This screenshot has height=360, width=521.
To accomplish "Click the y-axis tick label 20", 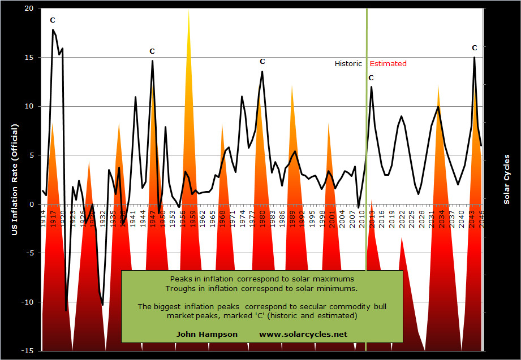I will (29, 8).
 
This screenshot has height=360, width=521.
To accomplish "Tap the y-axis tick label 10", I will (29, 106).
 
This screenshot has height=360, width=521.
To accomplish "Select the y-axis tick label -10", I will (27, 302).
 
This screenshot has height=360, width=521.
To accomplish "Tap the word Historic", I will (348, 64).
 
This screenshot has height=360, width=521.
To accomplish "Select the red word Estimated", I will (387, 64).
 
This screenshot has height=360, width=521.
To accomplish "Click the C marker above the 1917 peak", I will (53, 20).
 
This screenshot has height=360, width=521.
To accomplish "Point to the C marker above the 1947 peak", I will (152, 51).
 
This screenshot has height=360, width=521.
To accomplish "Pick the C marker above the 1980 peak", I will (262, 62).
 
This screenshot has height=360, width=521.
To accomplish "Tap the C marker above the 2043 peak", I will (474, 48).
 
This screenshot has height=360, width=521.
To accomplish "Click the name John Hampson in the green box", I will (207, 334).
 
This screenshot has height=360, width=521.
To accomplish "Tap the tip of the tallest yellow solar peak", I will (189, 11).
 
